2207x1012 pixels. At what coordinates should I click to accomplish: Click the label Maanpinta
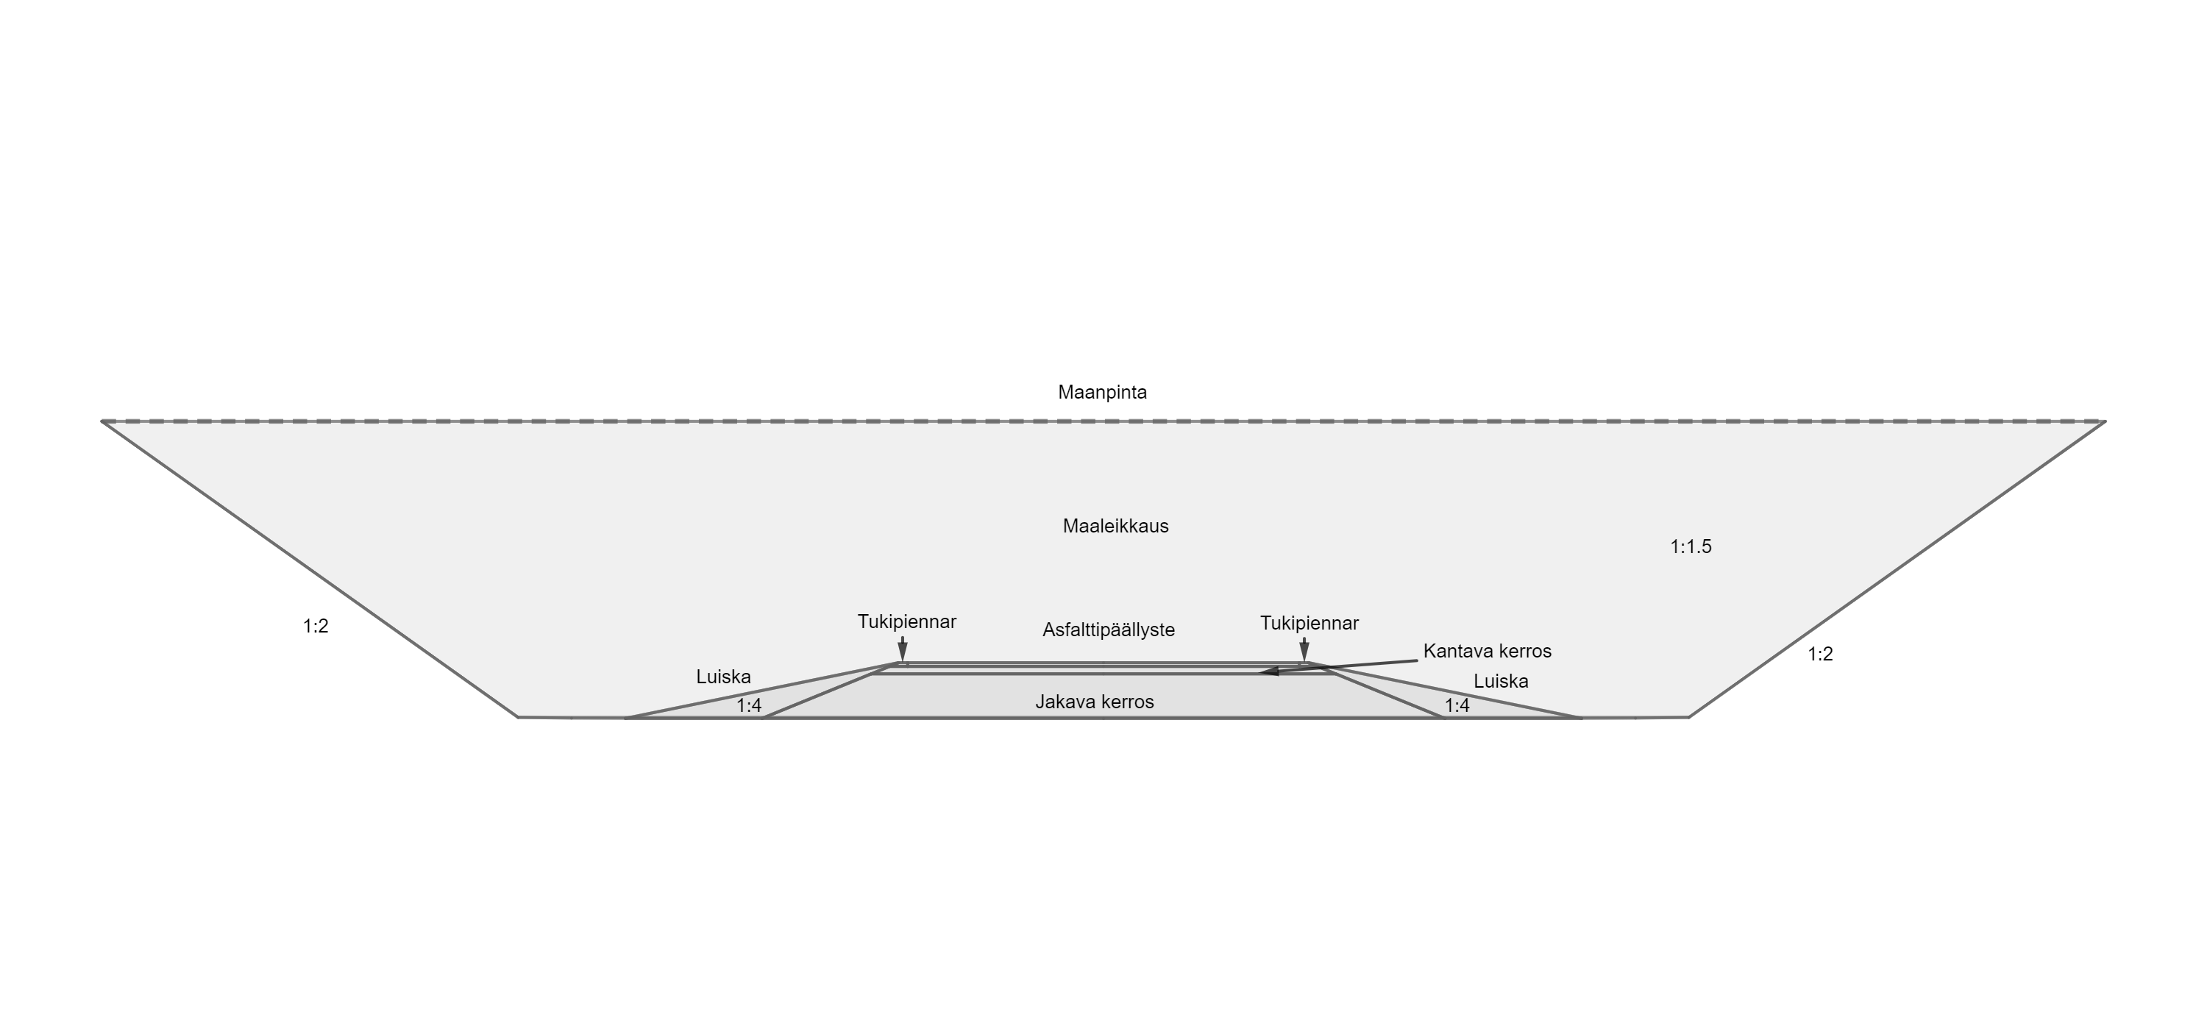point(1102,392)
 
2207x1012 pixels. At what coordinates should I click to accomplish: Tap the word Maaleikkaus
point(1115,526)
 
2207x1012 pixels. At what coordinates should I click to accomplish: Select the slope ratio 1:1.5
point(1691,546)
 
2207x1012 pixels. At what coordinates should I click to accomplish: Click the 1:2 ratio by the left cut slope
point(316,627)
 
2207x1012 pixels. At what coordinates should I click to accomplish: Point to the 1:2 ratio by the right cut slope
point(1820,654)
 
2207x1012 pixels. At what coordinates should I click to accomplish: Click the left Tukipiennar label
point(906,621)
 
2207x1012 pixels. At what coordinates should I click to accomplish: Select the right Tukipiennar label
point(1308,623)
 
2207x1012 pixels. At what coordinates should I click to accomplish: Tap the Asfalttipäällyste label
point(1108,630)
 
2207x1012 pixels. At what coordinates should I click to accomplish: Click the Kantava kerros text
point(1487,651)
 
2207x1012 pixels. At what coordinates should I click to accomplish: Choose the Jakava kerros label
point(1094,702)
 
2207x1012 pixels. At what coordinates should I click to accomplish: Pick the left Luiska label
point(723,677)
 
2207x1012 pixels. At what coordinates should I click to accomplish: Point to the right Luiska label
point(1500,682)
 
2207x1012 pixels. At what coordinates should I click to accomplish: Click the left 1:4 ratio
point(749,705)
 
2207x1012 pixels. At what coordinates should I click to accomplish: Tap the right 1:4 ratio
point(1457,705)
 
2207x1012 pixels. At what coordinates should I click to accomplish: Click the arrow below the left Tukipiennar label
point(902,649)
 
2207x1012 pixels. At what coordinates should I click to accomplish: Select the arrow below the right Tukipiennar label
point(1304,649)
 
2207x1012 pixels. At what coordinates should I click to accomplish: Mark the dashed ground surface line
point(1103,421)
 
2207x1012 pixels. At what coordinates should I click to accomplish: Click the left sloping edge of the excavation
point(309,569)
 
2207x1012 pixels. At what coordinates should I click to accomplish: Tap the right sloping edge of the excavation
point(1897,569)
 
